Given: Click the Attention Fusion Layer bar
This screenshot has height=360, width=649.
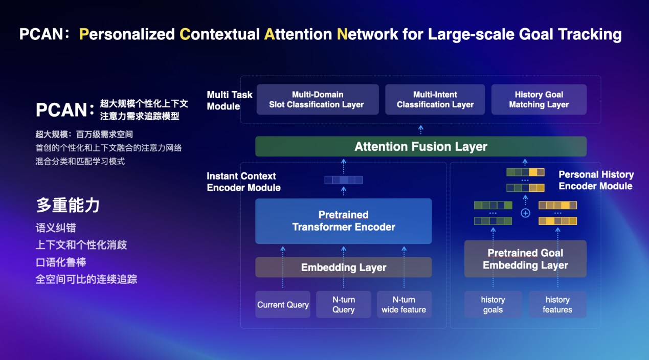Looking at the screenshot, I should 420,147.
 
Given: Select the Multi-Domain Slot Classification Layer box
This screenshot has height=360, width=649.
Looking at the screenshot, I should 317,100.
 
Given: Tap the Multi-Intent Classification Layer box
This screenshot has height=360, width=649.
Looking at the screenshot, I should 435,100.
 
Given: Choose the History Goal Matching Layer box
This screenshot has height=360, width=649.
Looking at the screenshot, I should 539,100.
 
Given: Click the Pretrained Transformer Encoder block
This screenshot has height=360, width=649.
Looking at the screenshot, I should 343,221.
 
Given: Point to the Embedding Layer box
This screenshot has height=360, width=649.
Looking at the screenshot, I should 343,267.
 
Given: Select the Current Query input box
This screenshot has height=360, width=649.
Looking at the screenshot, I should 283,305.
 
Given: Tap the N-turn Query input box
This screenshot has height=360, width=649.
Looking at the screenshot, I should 343,305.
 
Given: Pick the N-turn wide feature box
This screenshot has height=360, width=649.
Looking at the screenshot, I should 404,305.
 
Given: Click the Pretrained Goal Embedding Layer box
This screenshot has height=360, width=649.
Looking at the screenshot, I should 525,259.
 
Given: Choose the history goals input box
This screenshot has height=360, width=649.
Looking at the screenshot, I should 493,305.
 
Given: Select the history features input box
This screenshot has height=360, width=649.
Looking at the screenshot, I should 557,305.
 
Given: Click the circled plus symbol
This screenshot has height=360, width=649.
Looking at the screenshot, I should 525,213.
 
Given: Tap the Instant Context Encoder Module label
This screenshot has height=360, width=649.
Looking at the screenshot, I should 243,182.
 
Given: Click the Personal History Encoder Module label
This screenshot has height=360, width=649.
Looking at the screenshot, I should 596,181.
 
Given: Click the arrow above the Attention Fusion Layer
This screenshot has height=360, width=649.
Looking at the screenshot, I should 420,129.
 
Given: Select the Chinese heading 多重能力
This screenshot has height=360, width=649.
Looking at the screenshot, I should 68,205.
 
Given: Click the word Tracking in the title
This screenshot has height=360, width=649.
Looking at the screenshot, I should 589,34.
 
